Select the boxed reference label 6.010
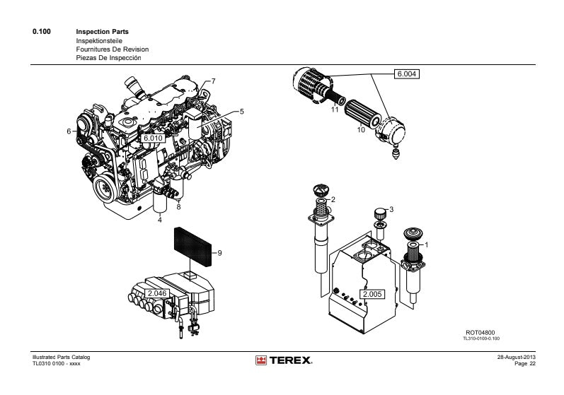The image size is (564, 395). tap(154, 138)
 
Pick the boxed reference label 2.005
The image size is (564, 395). tap(372, 293)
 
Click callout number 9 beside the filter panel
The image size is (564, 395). tap(220, 253)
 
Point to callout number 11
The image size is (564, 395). tap(335, 110)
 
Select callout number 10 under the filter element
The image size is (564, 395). tap(360, 130)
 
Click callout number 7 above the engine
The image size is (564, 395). tap(213, 81)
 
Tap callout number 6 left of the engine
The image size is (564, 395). tap(69, 131)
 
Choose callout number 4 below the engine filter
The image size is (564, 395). tap(159, 220)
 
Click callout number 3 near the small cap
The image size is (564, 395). tap(391, 209)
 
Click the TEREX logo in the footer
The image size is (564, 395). tap(283, 361)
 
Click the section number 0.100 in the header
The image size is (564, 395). tap(42, 33)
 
